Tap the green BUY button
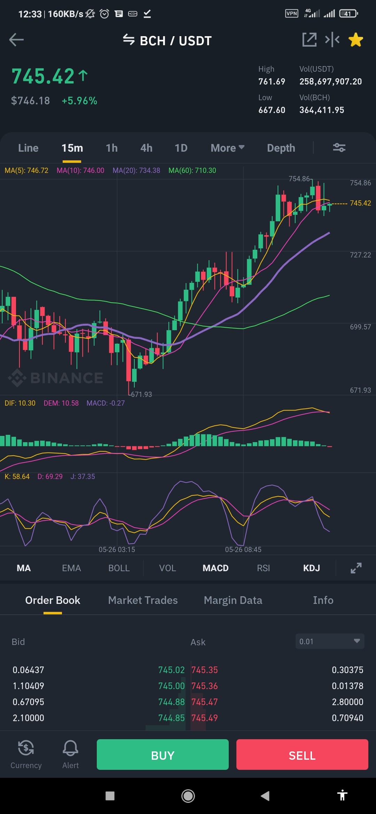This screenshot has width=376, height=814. click(163, 754)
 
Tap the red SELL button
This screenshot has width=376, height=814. click(302, 754)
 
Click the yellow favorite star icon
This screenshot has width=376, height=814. click(356, 40)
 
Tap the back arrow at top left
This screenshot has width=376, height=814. click(16, 40)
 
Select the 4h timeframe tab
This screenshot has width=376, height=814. click(146, 148)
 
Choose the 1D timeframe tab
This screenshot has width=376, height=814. click(181, 148)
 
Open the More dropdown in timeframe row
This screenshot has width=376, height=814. click(227, 148)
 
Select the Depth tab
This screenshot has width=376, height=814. click(281, 148)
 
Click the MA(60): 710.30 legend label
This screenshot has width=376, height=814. click(192, 170)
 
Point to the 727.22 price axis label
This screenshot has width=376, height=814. click(360, 255)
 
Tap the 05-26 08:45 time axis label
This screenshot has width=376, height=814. click(243, 550)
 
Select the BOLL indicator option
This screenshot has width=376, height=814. click(119, 568)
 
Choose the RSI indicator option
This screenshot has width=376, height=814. click(264, 568)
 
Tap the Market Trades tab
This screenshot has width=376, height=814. click(143, 600)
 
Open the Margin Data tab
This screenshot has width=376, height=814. click(233, 600)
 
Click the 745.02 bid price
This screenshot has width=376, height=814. click(171, 670)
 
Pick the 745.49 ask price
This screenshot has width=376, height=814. click(204, 718)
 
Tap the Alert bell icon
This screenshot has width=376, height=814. click(70, 748)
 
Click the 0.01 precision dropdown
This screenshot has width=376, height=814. click(330, 641)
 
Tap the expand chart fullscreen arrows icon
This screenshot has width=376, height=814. click(356, 568)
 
